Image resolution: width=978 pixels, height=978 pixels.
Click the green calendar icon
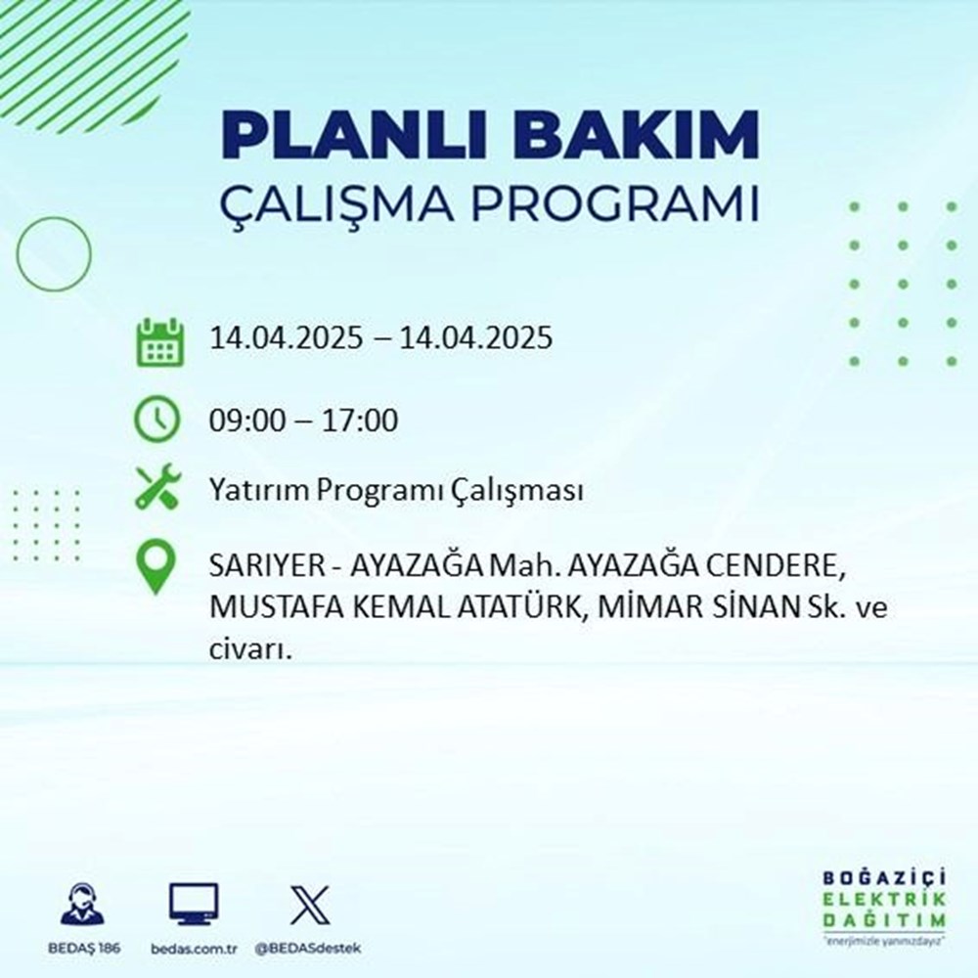(x=158, y=340)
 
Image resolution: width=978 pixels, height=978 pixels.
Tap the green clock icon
(x=157, y=421)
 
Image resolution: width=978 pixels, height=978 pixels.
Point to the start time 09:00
(x=242, y=422)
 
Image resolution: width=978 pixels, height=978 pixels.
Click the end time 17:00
(x=364, y=422)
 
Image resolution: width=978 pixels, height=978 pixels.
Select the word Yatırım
(x=246, y=491)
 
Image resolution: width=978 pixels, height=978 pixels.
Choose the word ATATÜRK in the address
(x=507, y=607)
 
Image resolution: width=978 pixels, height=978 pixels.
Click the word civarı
(x=250, y=647)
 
